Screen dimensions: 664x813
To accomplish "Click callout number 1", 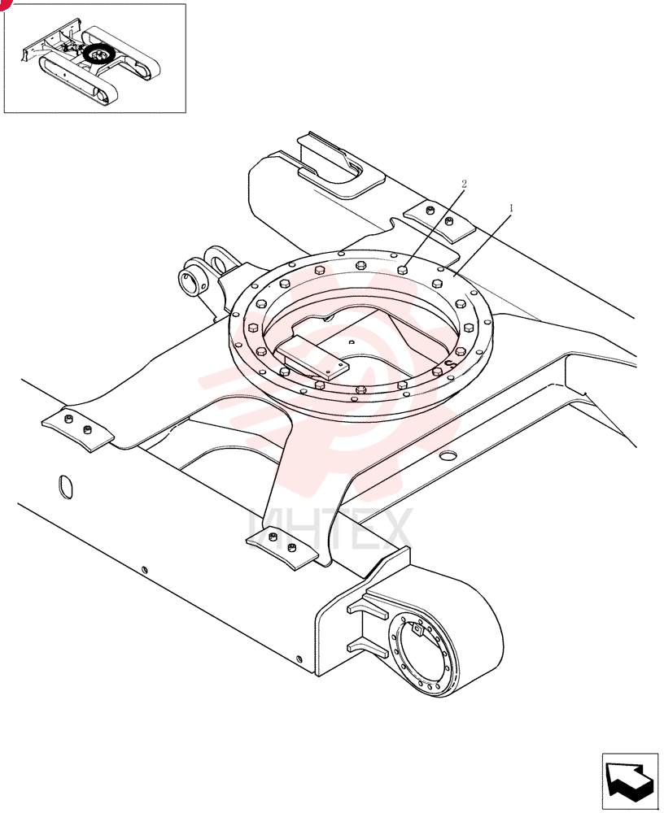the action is coord(511,208).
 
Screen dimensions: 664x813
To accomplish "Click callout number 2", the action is coord(464,184).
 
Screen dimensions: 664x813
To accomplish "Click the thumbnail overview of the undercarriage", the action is coord(94,58).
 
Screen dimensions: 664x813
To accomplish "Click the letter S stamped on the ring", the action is coord(450,363).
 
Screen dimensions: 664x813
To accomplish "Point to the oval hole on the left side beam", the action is coord(66,487).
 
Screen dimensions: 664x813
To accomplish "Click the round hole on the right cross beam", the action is coord(448,455).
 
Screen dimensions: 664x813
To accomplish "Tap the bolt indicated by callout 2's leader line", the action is coord(402,270).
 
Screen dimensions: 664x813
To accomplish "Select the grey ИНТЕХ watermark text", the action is coord(330,529).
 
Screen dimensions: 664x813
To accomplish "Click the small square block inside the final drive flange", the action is coord(417,629).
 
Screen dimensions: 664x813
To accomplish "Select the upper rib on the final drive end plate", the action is coord(368,606).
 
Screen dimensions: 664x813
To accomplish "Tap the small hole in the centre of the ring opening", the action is coord(352,341).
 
